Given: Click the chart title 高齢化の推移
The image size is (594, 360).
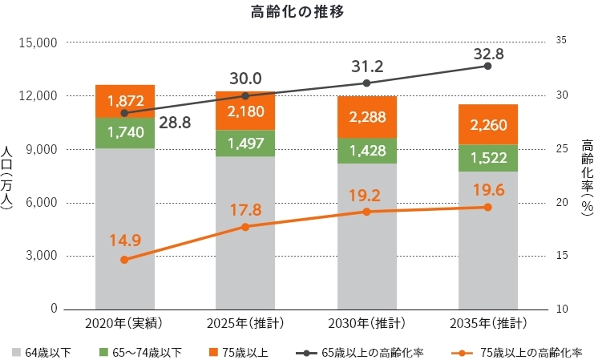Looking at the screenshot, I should pos(297,12).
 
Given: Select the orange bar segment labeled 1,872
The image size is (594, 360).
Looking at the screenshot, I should pos(124,101).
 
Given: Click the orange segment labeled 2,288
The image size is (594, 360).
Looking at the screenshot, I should pos(366,117).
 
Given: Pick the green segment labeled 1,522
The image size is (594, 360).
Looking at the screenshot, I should pos(487,158).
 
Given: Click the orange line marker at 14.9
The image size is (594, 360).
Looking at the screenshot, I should pos(124,260).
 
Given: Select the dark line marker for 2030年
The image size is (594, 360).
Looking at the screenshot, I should pos(366,83).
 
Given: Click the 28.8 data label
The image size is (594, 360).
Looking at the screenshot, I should pos(174,123).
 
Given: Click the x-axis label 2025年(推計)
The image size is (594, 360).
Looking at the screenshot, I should pos(245,324).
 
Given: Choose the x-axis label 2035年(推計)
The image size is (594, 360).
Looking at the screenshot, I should pos(487,324).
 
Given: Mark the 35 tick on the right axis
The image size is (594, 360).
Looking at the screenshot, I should pos(560,42).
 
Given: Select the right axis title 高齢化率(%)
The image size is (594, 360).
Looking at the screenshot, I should pos(586,176).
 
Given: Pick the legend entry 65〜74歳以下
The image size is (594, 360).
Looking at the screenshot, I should pos(149,351).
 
